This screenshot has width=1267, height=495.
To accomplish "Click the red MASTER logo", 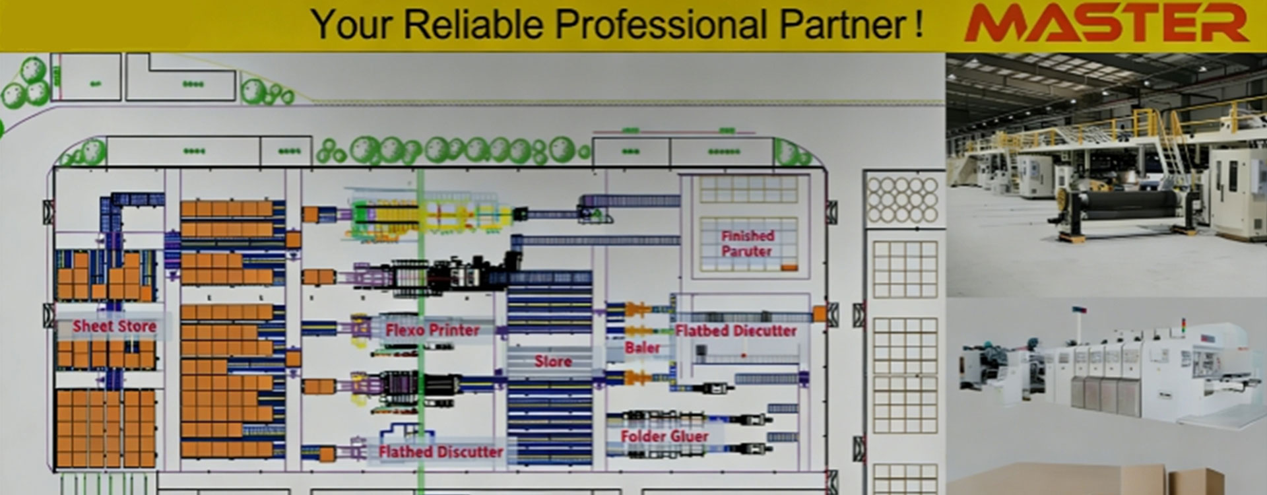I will click(x=1106, y=24).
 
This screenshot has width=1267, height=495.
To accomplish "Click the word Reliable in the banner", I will click(x=474, y=24).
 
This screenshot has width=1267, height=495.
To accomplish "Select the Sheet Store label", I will click(x=114, y=326).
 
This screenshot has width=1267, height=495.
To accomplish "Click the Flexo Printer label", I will click(x=432, y=330).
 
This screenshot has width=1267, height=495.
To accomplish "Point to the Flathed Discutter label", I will click(x=440, y=452).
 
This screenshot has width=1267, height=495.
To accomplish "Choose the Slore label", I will click(x=553, y=361).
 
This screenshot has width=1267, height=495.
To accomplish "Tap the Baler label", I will click(x=642, y=347).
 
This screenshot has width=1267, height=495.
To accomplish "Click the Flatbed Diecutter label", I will click(x=736, y=331).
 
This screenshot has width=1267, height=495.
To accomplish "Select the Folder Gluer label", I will click(x=665, y=436).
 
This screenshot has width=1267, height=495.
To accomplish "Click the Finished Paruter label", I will click(x=747, y=243).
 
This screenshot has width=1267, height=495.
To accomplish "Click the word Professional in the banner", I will click(x=661, y=24).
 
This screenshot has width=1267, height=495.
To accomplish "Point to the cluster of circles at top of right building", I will click(x=902, y=199).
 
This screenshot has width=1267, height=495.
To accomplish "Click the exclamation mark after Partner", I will click(x=919, y=24).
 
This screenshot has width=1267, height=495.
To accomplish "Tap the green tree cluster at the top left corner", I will click(x=26, y=82).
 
